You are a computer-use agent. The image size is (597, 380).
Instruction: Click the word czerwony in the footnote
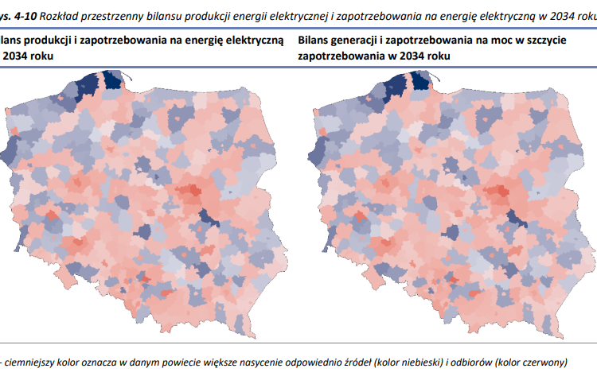click(543, 363)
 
